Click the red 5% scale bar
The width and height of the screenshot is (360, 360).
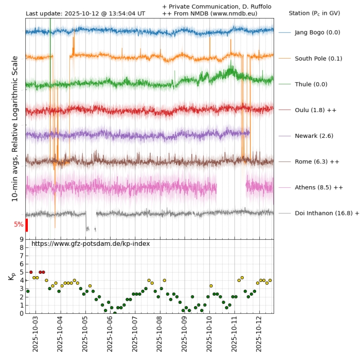coord(26,225)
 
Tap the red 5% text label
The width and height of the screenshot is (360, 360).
coord(19,224)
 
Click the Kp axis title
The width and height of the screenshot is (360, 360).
coord(11,277)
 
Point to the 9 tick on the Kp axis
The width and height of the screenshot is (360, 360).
coord(22,239)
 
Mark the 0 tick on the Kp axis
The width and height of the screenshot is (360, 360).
coord(22,313)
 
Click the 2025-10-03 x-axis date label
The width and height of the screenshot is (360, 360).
coord(35,334)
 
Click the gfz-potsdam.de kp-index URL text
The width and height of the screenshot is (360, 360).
coord(91,243)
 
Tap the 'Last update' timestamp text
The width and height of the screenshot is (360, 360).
coord(85,13)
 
